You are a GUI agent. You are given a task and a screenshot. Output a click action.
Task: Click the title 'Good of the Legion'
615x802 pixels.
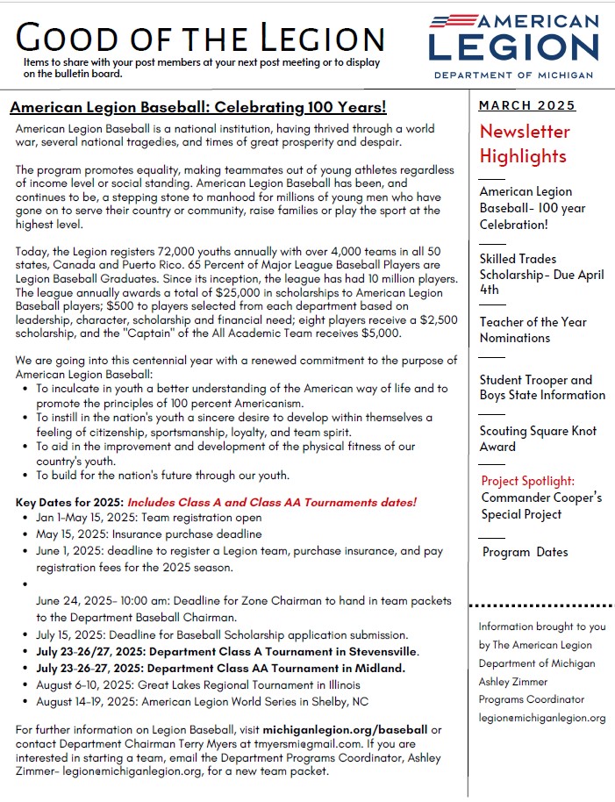click(x=200, y=38)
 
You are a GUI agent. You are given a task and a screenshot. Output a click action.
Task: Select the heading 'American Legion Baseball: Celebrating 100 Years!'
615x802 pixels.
click(x=197, y=108)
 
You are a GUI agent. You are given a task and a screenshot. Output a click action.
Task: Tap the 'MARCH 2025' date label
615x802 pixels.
click(x=527, y=106)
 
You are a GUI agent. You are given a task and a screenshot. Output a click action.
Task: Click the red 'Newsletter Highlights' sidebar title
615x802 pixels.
click(x=525, y=144)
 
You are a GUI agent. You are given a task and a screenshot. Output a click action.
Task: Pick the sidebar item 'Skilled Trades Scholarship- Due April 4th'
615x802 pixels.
click(x=541, y=274)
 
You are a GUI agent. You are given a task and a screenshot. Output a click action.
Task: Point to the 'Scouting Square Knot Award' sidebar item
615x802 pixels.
click(x=538, y=439)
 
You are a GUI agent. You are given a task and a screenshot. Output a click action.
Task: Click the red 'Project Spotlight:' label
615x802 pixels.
click(x=528, y=481)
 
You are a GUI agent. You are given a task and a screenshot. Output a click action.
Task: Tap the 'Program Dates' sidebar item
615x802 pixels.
click(x=525, y=552)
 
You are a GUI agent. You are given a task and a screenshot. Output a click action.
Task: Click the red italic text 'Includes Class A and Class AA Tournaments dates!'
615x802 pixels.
click(x=272, y=503)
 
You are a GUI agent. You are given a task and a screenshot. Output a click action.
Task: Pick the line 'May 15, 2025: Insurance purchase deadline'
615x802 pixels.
click(x=148, y=533)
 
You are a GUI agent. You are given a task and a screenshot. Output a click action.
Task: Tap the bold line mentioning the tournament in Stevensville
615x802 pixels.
click(x=227, y=651)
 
